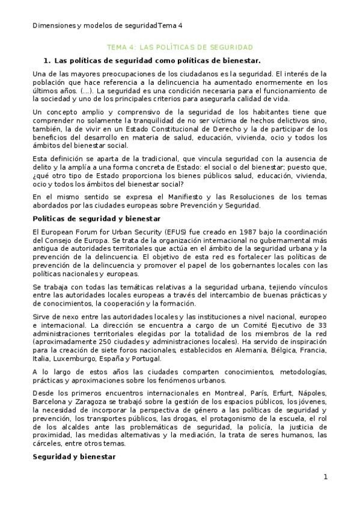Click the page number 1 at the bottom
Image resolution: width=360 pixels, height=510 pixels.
325,477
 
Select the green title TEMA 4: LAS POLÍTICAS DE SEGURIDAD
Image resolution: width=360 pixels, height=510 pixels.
180,46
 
